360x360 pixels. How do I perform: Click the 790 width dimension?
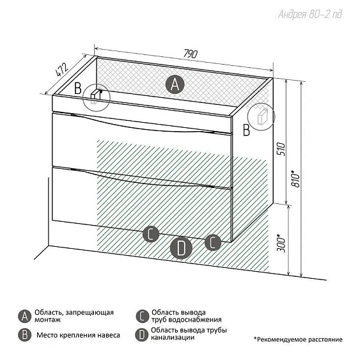click(x=191, y=54)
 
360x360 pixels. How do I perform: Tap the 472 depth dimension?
click(x=62, y=69)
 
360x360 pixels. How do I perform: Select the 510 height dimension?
click(x=281, y=149)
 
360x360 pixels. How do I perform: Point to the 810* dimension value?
click(x=295, y=179)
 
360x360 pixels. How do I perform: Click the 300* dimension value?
click(x=281, y=243)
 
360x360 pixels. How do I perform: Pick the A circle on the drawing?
click(x=175, y=84)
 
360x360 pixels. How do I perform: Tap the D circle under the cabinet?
click(x=181, y=248)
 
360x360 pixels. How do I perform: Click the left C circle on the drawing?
click(x=151, y=234)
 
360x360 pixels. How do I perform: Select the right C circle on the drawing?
click(x=213, y=242)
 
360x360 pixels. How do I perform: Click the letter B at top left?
click(x=78, y=88)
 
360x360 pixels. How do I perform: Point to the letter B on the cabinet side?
click(x=246, y=130)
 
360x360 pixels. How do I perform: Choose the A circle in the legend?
click(x=24, y=316)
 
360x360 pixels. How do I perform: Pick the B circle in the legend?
click(x=24, y=335)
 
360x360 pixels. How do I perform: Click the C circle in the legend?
click(x=142, y=316)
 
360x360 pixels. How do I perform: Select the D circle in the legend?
click(x=142, y=335)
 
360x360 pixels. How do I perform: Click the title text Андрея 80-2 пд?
click(x=310, y=14)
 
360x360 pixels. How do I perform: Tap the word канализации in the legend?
click(x=173, y=338)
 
